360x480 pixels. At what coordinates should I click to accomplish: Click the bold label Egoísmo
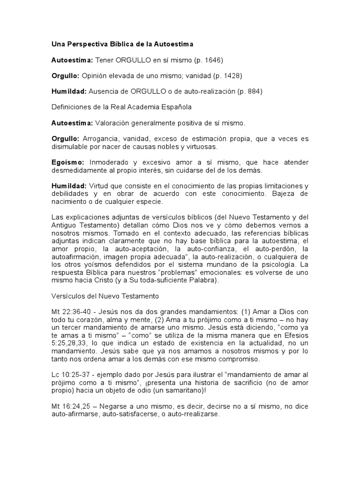pos(67,162)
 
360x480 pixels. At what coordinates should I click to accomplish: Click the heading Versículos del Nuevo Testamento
pos(105,296)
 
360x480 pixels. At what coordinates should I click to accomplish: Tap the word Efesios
pos(295,336)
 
